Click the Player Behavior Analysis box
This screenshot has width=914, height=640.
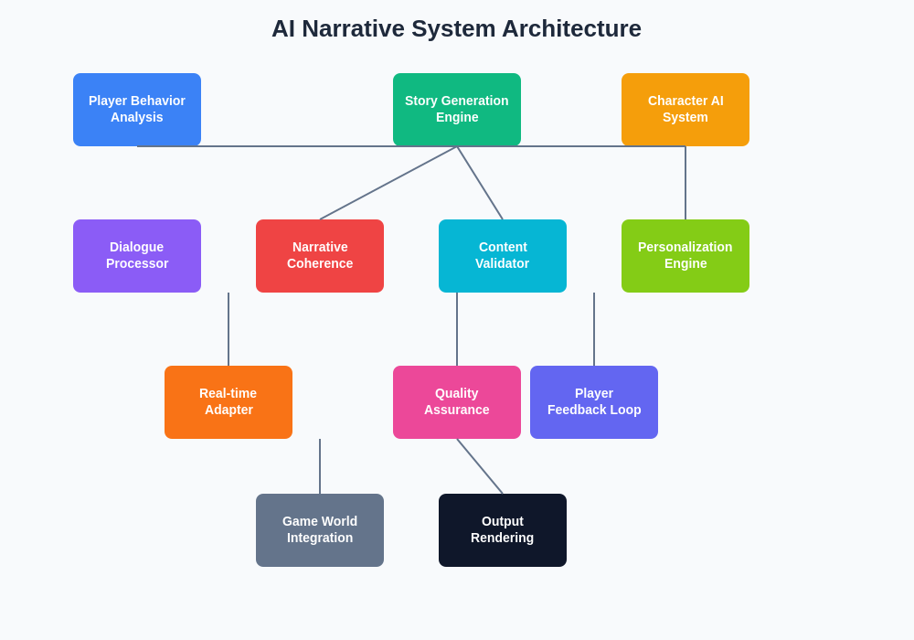137,110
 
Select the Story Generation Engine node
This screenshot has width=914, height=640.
457,110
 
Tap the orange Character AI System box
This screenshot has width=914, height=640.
685,110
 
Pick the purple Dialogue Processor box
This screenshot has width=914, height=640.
137,256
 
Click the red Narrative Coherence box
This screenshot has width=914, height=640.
320,256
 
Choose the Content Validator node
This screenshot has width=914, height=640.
503,256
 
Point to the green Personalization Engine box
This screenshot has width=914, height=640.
685,256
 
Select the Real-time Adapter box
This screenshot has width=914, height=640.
228,402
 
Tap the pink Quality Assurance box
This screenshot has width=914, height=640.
457,402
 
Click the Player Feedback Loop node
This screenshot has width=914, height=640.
594,402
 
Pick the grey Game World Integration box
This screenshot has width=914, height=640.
320,530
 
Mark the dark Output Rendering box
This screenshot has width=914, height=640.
503,530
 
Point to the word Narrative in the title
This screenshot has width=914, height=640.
353,28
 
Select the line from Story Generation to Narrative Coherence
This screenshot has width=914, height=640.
388,183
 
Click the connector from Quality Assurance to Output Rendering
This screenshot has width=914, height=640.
480,466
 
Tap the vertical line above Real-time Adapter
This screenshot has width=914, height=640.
228,329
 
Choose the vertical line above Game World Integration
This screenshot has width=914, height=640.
320,466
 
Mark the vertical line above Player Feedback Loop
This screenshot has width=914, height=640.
594,329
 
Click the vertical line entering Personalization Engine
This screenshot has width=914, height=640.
685,183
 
